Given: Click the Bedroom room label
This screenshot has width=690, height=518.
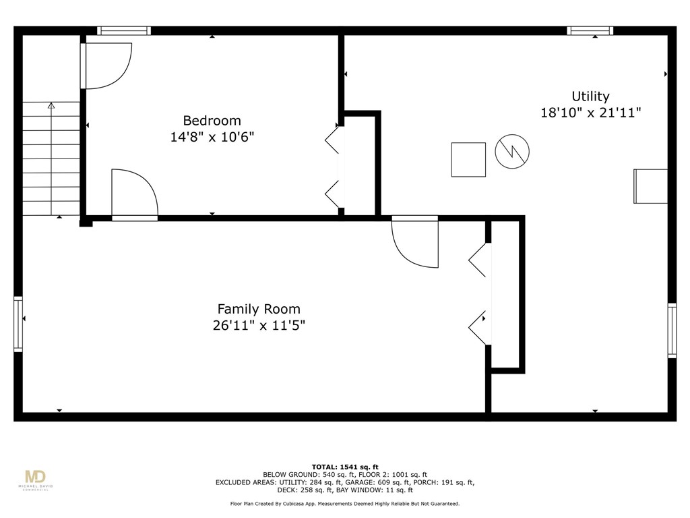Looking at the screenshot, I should [212, 121].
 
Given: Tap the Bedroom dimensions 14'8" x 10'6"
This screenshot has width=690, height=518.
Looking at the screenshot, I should [212, 137].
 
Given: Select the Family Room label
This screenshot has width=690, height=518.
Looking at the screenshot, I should [259, 309].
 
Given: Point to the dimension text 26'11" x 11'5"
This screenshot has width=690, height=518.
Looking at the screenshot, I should [259, 325].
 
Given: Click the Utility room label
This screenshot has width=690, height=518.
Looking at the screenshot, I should [590, 96].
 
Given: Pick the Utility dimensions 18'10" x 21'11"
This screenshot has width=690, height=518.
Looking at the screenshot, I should [590, 113].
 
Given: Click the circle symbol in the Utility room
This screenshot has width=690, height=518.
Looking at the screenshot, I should [512, 152].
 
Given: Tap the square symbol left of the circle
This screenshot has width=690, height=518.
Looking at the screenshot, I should [468, 160].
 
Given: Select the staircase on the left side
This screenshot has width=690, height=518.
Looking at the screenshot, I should [51, 159].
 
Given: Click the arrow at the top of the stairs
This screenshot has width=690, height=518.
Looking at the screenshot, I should [51, 106].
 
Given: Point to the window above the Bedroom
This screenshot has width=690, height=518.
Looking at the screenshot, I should [123, 30].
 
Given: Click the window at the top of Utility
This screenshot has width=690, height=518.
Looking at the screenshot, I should [590, 30].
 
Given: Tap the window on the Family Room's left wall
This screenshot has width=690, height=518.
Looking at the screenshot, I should [18, 324].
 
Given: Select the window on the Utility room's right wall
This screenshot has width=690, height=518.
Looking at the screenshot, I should [672, 330].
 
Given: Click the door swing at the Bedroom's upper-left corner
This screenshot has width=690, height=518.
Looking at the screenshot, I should [106, 65].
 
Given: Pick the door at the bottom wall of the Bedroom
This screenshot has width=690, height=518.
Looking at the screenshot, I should [134, 195].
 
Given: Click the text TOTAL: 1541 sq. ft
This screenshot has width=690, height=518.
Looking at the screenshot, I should [345, 467].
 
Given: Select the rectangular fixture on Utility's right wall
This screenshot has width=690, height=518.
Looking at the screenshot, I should [651, 186].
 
